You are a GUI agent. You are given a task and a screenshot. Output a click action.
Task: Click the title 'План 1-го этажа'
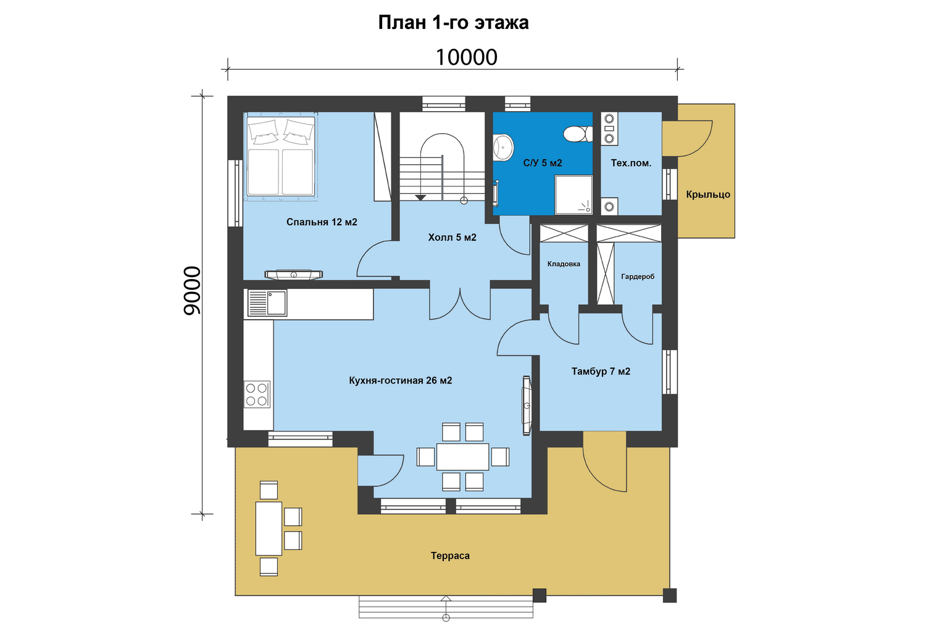454,22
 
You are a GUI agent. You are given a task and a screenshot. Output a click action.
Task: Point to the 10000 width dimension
466,57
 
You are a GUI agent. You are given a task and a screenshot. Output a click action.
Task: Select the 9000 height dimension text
192,291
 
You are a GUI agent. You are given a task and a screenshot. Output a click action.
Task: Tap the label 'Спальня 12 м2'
322,222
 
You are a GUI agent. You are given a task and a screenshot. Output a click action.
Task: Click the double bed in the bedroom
281,156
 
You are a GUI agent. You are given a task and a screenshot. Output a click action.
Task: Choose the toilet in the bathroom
578,134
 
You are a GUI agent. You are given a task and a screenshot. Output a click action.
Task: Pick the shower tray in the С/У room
574,194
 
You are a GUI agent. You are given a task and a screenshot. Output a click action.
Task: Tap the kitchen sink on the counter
267,303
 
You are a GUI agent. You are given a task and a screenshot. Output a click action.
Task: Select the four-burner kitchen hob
257,394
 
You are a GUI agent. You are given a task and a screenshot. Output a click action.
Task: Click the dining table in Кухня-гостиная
462,457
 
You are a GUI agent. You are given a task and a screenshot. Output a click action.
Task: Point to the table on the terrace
269,529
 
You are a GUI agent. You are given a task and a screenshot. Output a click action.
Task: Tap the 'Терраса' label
450,555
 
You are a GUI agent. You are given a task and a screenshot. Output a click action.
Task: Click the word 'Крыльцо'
708,194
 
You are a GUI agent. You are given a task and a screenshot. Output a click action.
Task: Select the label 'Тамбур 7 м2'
601,371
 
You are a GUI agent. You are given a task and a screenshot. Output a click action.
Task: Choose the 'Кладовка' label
564,264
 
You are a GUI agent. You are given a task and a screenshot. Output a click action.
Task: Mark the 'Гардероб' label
638,276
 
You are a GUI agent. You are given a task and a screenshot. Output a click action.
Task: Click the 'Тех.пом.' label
631,163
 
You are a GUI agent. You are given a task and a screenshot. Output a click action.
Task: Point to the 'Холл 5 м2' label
453,237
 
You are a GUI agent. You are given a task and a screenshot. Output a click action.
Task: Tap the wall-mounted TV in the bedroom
293,274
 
